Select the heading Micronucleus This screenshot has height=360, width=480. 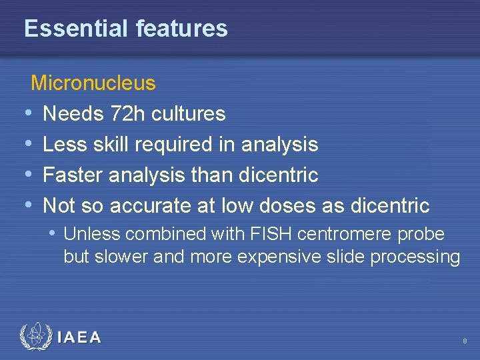tap(93, 83)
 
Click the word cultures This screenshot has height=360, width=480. tap(189, 114)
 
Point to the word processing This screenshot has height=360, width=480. tap(419, 257)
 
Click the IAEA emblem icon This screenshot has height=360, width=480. tap(35, 337)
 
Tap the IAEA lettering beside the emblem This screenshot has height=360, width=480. tap(79, 337)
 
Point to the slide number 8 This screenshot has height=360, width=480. tap(465, 341)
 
